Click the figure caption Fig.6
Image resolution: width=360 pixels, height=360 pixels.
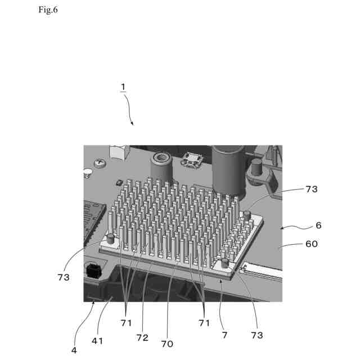(x=48, y=11)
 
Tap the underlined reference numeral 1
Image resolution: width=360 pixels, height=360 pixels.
(x=122, y=87)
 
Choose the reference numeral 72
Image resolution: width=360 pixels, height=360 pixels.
(x=142, y=337)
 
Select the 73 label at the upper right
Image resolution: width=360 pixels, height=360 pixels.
(x=311, y=190)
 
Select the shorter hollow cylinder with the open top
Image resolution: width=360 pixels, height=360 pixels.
(x=161, y=166)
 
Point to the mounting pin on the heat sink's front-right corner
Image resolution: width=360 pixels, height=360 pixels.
(x=225, y=263)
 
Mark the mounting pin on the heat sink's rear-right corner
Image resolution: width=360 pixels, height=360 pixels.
(x=246, y=214)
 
